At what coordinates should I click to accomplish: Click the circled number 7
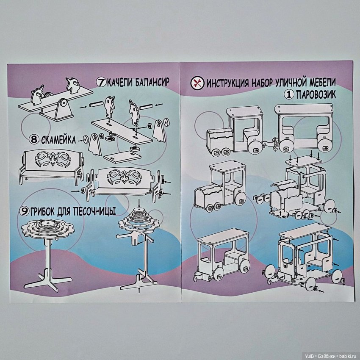(x=100, y=82)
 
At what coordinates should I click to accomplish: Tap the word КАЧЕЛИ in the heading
(x=119, y=82)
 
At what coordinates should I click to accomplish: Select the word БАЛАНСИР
(x=152, y=82)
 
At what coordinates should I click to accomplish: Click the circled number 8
(x=34, y=139)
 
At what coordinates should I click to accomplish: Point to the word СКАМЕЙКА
(x=58, y=140)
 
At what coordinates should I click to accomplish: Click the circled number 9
(x=24, y=211)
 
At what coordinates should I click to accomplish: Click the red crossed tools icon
(x=197, y=83)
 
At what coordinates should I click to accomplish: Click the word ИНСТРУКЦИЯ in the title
(x=227, y=83)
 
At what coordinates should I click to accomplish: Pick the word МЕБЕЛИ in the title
(x=323, y=82)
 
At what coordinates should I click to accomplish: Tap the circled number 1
(x=289, y=94)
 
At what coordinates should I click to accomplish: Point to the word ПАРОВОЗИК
(x=316, y=94)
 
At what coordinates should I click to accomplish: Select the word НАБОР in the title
(x=262, y=83)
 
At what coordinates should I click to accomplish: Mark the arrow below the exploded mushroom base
(x=138, y=290)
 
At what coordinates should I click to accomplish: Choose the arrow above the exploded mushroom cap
(x=138, y=202)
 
